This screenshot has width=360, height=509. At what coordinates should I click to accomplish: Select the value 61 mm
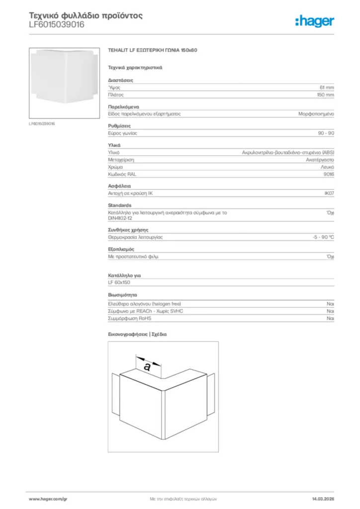point(327,87)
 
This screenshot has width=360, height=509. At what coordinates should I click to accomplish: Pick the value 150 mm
point(326,94)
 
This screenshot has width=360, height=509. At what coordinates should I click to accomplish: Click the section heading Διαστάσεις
point(120,80)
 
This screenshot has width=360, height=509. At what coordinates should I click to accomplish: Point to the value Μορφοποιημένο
point(316,114)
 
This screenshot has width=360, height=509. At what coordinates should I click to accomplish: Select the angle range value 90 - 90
point(326,133)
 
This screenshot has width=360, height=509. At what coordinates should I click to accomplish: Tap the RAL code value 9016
point(329,174)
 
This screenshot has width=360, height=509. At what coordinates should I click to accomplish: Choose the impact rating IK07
point(329,193)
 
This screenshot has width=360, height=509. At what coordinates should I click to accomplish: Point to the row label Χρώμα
point(115,168)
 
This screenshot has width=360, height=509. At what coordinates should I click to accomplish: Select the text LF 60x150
point(119,282)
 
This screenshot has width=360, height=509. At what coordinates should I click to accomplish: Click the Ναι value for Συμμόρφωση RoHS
point(330,318)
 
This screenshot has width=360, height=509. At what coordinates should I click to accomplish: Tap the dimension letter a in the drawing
point(147,367)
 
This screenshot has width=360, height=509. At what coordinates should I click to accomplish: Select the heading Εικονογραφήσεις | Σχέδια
point(137,334)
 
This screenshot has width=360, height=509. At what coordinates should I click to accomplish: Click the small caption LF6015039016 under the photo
point(42,123)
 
